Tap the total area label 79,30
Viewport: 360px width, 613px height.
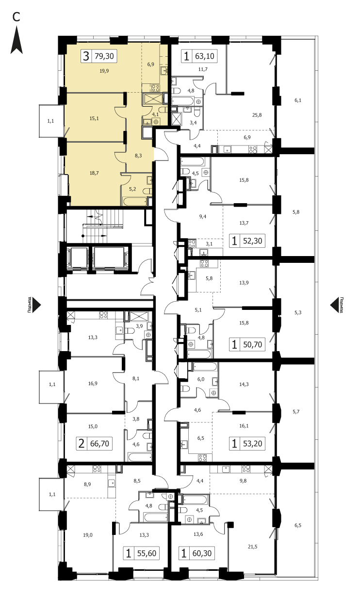[x=104, y=56]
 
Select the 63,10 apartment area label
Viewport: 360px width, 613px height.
[x=205, y=56]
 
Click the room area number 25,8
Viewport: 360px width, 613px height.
[x=257, y=115]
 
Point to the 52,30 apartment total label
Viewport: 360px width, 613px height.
[x=253, y=241]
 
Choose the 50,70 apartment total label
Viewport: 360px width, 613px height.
[x=253, y=344]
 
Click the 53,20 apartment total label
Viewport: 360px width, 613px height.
[x=253, y=444]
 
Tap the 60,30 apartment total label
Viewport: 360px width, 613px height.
[x=202, y=553]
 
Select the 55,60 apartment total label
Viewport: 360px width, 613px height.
[x=147, y=553]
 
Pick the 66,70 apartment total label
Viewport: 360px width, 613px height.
[x=99, y=444]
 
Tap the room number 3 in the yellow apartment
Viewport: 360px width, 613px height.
[x=86, y=56]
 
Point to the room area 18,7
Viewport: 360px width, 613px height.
[x=94, y=173]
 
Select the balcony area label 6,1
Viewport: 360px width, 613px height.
[x=298, y=100]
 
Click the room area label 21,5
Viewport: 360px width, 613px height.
[x=252, y=547]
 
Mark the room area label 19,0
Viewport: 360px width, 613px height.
[x=88, y=535]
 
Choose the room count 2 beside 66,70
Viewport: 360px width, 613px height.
[x=82, y=444]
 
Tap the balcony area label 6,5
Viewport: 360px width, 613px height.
[x=298, y=525]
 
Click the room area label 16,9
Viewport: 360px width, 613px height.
[x=93, y=384]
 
